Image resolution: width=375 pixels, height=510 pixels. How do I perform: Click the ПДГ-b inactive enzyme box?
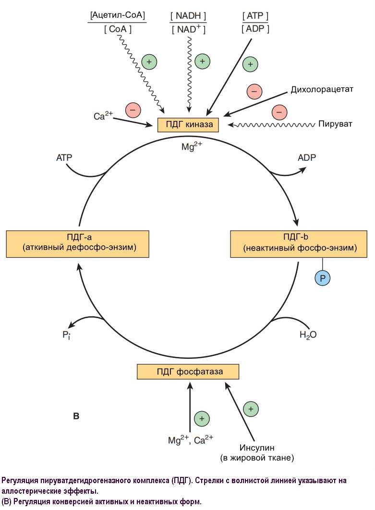point(300,243)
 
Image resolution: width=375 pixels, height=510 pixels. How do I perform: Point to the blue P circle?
point(323,278)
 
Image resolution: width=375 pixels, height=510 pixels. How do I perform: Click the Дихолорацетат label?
point(322,90)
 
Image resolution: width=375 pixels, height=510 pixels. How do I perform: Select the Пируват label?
point(335,124)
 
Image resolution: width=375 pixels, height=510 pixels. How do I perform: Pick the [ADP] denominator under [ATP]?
point(255,29)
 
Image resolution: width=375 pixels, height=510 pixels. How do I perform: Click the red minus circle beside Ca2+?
point(133,110)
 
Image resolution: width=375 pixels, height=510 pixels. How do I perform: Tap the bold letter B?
point(76,415)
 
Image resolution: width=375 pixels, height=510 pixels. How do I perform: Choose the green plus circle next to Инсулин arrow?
point(251,409)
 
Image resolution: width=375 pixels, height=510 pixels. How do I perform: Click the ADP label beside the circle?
point(307,157)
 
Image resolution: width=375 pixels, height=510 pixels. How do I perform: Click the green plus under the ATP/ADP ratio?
point(250,64)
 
